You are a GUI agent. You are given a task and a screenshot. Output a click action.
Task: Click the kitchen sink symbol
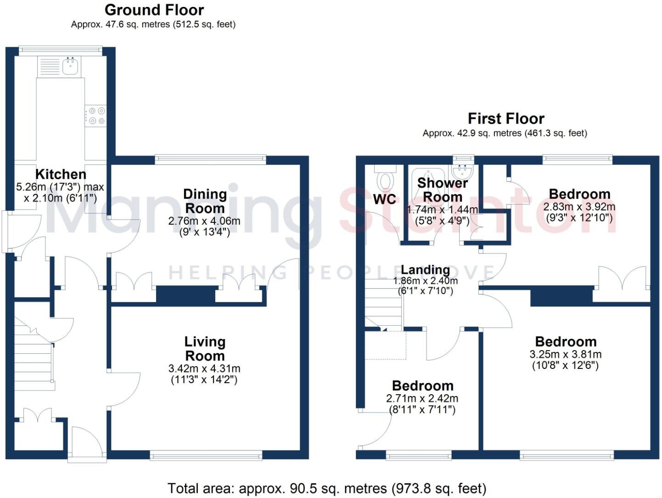[71, 67]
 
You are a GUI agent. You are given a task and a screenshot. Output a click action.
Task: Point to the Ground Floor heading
[154, 10]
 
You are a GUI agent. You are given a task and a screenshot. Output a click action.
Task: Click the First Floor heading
[506, 119]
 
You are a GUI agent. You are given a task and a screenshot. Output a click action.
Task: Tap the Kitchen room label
[61, 174]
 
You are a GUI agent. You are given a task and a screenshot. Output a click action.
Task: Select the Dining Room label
[205, 201]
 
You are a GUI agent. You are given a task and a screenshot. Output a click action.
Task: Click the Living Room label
[205, 349]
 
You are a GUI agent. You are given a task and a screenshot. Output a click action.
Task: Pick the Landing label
[425, 270]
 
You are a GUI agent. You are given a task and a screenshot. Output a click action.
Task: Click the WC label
[384, 199]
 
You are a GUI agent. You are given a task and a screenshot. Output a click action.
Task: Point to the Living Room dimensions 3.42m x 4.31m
[204, 368]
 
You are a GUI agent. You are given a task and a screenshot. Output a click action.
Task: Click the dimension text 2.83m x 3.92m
[579, 207]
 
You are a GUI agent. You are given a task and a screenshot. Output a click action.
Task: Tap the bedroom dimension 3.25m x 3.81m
[566, 355]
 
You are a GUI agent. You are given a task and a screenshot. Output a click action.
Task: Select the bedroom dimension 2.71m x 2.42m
[422, 399]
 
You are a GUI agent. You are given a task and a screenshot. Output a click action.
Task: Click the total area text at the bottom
[326, 488]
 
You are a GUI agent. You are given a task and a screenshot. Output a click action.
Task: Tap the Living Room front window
[206, 455]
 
